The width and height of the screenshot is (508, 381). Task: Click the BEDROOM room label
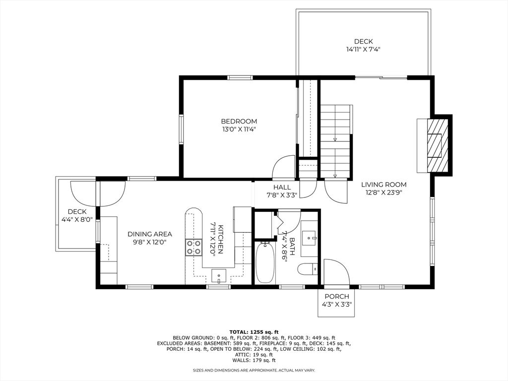[239, 122]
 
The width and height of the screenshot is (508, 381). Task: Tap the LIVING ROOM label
[383, 185]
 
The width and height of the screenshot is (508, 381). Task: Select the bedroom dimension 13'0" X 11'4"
[239, 129]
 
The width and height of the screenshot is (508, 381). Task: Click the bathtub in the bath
[265, 262]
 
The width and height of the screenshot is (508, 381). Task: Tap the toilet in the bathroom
[308, 269]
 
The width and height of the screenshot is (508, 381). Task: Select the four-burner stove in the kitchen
[193, 247]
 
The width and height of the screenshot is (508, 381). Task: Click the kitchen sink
[219, 275]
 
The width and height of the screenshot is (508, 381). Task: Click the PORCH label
[337, 297]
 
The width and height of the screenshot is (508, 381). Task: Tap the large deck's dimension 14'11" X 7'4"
[363, 50]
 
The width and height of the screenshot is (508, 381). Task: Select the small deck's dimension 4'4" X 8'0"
[77, 219]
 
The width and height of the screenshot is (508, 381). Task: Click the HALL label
[282, 187]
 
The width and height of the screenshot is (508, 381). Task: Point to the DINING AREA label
[149, 234]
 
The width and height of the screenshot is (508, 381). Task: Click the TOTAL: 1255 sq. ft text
[254, 331]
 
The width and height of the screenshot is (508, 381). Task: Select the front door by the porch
[336, 272]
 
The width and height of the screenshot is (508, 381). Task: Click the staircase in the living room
[335, 141]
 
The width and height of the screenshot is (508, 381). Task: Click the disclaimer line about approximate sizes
[254, 370]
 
